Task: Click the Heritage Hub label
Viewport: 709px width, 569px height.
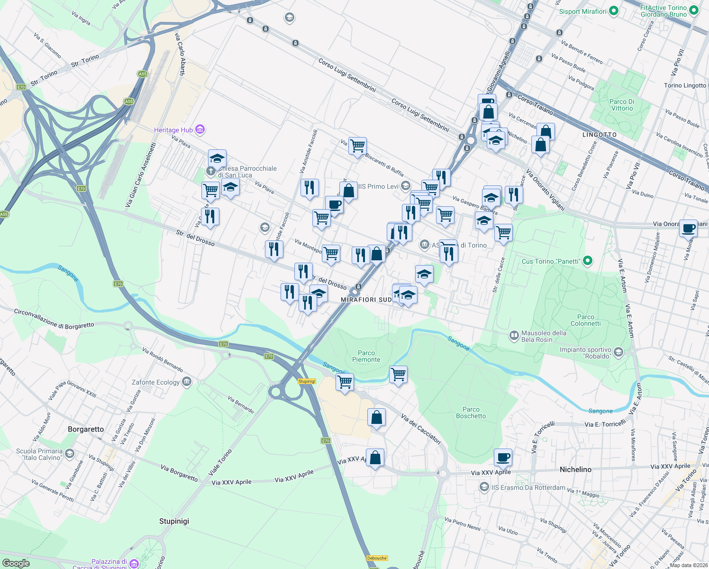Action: [x=173, y=130]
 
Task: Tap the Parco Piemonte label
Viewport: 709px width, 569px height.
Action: [x=366, y=356]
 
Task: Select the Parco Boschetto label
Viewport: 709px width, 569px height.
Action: [x=471, y=413]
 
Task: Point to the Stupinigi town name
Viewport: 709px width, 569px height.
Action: [x=174, y=521]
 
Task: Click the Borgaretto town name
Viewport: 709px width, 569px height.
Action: [x=86, y=429]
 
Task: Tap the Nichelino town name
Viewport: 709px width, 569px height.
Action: [x=575, y=469]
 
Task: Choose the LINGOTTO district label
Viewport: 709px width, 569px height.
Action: [x=600, y=135]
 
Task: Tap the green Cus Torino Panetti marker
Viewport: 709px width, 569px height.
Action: [x=588, y=261]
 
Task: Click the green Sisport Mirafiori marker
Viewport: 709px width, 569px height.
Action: [x=614, y=11]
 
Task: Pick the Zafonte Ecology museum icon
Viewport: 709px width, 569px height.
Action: [x=187, y=382]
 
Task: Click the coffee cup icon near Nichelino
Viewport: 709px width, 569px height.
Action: [x=503, y=457]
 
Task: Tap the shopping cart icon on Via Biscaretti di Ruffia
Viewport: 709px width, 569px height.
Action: [x=357, y=146]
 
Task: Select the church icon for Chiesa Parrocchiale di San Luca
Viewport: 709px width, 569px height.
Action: [x=211, y=170]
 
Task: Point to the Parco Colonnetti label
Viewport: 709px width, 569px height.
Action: [x=585, y=320]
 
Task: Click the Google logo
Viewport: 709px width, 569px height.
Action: [x=16, y=563]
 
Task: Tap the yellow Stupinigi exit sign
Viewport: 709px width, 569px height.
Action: [x=307, y=381]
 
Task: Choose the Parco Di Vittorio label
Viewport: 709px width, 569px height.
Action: [x=622, y=105]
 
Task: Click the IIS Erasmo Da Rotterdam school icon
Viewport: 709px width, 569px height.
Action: [x=484, y=487]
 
